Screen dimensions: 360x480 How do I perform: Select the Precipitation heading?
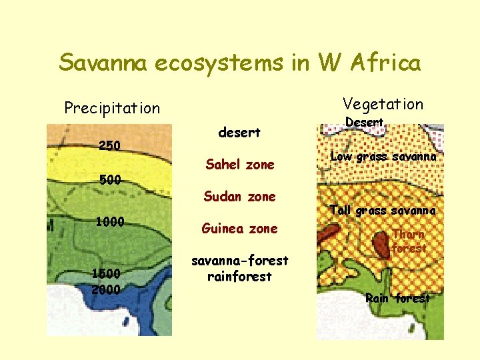click(x=112, y=108)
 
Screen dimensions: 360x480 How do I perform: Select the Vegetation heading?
click(x=383, y=104)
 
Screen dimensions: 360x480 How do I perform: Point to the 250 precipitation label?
click(x=110, y=145)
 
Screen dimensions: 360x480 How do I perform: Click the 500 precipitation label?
click(x=110, y=180)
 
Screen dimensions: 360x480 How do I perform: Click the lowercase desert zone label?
click(x=239, y=133)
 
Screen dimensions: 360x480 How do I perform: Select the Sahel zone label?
click(x=240, y=165)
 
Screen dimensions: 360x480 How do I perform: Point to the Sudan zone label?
click(x=239, y=197)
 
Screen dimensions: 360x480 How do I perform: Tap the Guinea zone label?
click(x=240, y=229)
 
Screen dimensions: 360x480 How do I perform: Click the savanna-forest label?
click(x=239, y=261)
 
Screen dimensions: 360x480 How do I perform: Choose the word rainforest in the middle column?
click(x=239, y=277)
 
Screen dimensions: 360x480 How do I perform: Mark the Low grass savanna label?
click(x=383, y=157)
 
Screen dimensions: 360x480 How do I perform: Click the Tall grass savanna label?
click(x=383, y=211)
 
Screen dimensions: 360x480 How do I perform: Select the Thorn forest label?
click(x=408, y=241)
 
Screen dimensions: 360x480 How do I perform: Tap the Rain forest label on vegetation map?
click(x=397, y=298)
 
